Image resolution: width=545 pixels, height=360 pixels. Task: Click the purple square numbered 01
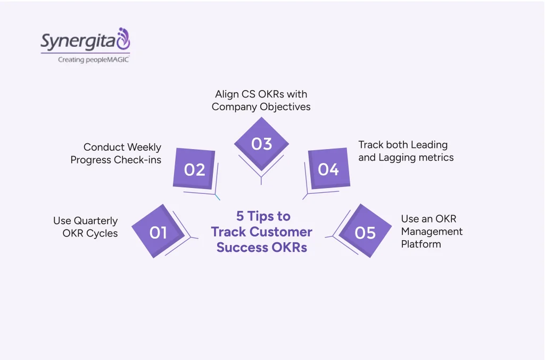point(158,232)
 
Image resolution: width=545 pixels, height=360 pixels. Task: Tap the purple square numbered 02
point(194,169)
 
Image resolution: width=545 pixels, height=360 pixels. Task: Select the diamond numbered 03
point(261,144)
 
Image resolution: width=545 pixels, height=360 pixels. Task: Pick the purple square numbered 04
point(328,169)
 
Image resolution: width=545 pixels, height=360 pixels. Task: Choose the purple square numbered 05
point(365,232)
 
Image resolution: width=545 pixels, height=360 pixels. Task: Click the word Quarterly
point(96,221)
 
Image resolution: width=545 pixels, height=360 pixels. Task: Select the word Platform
point(421,244)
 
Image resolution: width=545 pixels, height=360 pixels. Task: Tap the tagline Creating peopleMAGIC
point(93,60)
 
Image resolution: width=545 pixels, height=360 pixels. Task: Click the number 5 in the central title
point(240,216)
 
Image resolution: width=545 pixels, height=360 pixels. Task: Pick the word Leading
point(425,144)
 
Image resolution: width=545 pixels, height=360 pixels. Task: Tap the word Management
point(432,232)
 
